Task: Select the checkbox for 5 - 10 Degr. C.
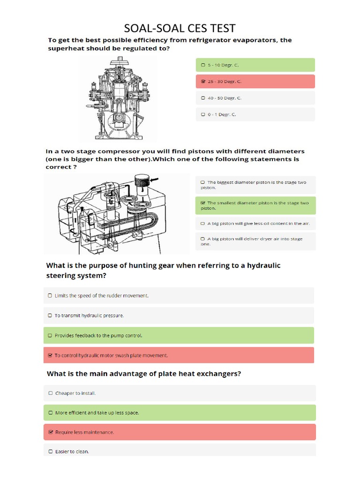point(202,65)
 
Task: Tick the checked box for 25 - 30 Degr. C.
point(202,82)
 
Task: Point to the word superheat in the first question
point(67,48)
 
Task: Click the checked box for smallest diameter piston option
point(202,203)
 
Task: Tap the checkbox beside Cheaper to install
point(51,393)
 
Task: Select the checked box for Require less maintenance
point(51,432)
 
